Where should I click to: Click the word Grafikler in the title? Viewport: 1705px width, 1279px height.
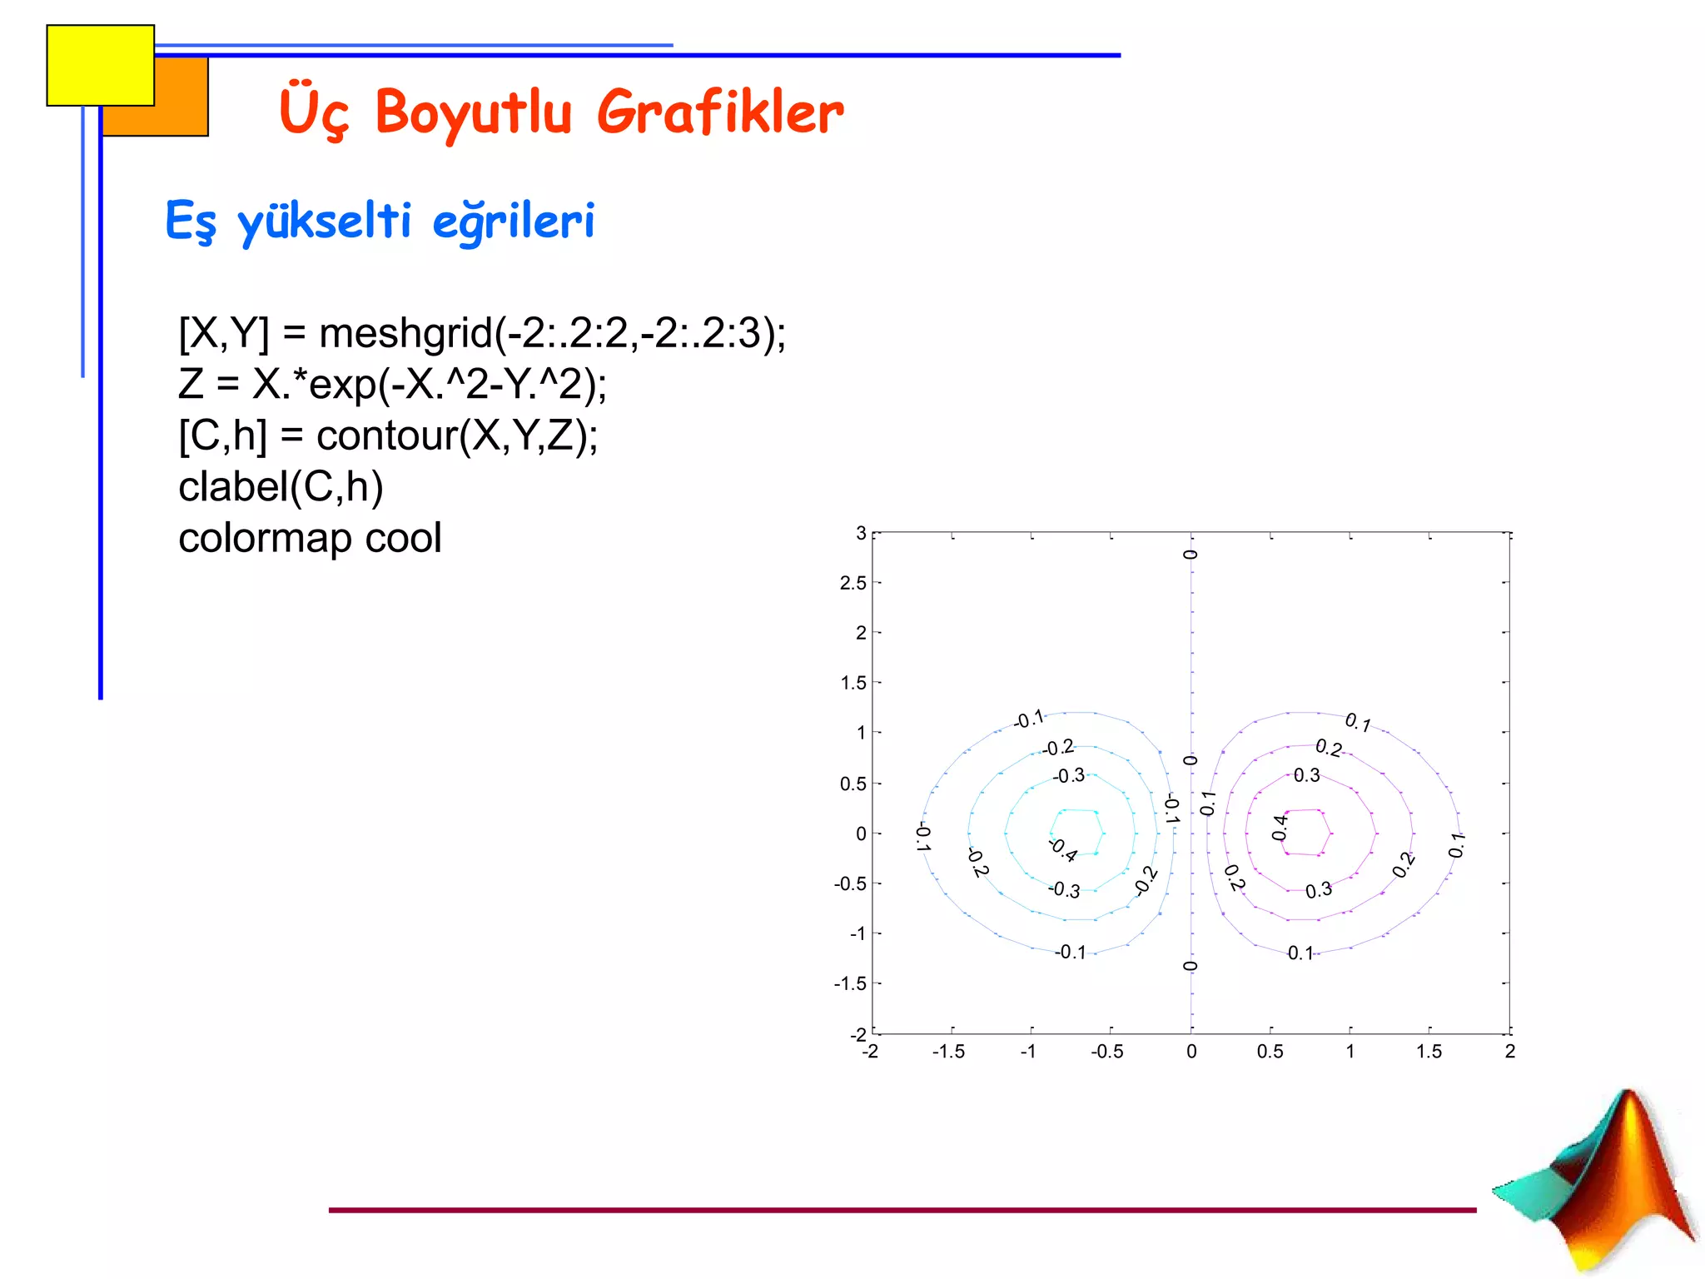[720, 112]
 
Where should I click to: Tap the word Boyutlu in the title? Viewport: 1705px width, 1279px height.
[474, 114]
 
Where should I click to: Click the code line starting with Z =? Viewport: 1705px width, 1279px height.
[392, 385]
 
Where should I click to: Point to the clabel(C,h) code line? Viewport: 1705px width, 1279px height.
[281, 486]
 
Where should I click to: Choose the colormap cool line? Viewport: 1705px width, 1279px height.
[310, 538]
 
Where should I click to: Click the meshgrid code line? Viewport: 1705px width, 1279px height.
[482, 333]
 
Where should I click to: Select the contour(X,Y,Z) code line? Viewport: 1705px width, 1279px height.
[388, 435]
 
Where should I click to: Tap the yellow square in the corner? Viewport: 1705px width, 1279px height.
[100, 65]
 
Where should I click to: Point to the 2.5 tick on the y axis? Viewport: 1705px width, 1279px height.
[852, 583]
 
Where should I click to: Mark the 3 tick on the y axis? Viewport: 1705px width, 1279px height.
[861, 533]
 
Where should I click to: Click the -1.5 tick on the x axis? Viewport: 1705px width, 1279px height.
[948, 1052]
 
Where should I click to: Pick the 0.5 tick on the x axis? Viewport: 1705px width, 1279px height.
[1270, 1052]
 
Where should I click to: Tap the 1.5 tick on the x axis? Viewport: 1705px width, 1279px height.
[1429, 1052]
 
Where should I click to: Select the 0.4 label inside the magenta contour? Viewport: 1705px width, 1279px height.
[1280, 828]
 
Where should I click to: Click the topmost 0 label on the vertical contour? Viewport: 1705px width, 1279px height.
[1191, 555]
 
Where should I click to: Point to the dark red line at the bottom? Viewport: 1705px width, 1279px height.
[902, 1210]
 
